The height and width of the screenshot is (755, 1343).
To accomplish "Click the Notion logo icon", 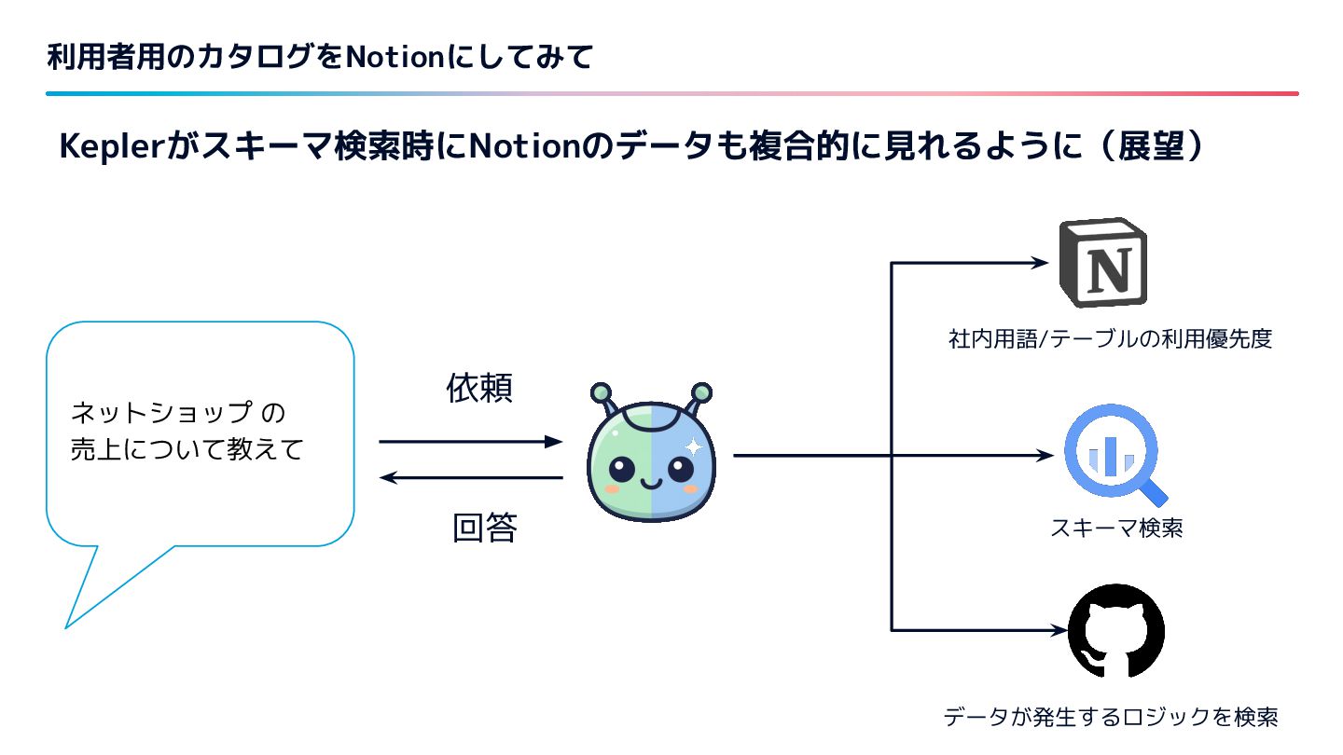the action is (1102, 263).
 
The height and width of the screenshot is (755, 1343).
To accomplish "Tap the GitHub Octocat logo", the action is (1115, 631).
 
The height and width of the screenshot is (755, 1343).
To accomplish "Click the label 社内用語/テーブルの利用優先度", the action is (1110, 338).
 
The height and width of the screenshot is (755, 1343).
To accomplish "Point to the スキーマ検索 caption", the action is (1116, 528).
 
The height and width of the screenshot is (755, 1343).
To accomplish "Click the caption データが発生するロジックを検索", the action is (1110, 717).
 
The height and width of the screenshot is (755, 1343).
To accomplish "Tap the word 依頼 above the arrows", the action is (479, 389).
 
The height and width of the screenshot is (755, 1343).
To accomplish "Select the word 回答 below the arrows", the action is (484, 528).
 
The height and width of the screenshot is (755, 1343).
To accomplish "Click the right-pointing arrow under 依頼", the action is (471, 441).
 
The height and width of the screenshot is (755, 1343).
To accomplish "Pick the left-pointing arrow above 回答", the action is (471, 478).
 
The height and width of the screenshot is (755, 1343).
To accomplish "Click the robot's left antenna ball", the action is (602, 391).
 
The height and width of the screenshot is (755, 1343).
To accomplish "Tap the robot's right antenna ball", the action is (701, 391).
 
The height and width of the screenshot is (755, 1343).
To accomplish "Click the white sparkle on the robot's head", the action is (692, 447).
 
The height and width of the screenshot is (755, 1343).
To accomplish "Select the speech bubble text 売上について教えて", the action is (187, 450).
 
